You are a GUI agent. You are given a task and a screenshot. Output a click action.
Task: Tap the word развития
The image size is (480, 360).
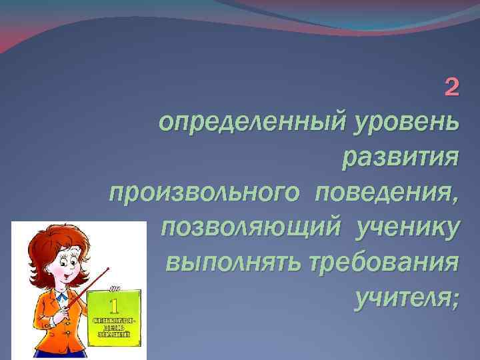click(400, 159)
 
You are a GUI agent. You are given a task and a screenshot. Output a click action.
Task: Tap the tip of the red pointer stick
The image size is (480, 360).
click(107, 268)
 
